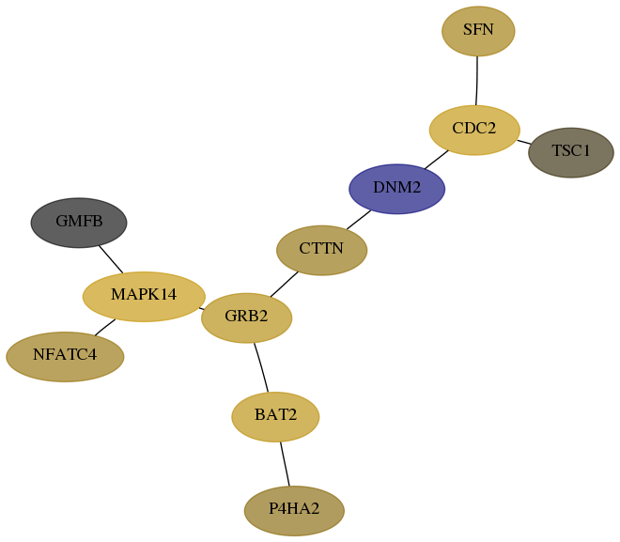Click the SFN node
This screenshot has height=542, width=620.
[x=478, y=31]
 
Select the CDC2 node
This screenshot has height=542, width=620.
[x=474, y=130]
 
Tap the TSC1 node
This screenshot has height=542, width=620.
[x=570, y=152]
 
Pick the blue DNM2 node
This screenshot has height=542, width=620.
[x=396, y=189]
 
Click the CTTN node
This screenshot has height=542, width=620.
[x=321, y=250]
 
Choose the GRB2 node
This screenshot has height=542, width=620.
[x=246, y=317]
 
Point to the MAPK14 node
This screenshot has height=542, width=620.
[x=144, y=297]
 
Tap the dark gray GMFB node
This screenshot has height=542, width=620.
[x=79, y=223]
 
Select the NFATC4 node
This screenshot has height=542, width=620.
[x=65, y=357]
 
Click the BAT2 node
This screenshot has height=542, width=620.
[x=275, y=417]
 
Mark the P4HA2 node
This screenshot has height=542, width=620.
[x=294, y=511]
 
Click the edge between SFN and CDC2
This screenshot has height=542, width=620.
[x=477, y=81]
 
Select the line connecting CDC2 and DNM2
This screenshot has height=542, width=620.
[x=437, y=160]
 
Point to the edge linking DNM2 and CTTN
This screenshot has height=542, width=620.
[x=359, y=220]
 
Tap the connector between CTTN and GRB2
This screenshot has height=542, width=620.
[x=284, y=284]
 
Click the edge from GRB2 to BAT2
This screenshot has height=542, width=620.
[x=261, y=367]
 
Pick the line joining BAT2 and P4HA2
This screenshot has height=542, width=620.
[x=285, y=464]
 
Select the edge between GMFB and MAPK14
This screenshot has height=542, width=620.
[x=111, y=259]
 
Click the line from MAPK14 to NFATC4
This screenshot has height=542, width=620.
[x=105, y=327]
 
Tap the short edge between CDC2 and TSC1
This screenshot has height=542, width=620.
[x=524, y=142]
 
